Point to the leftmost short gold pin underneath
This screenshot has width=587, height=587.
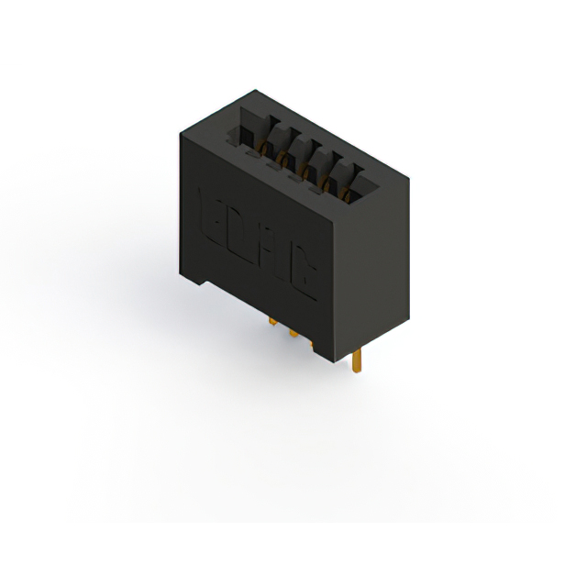(272, 322)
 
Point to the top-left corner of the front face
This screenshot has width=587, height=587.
(180, 134)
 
